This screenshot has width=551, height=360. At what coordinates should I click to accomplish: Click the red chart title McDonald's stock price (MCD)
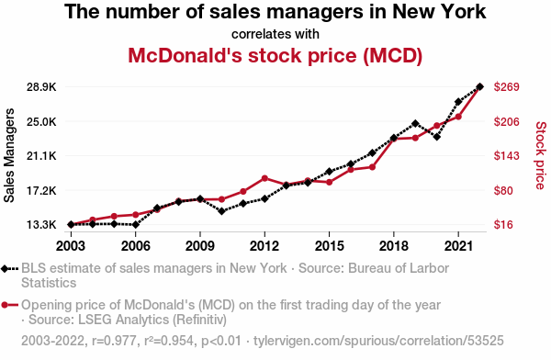coord(275,55)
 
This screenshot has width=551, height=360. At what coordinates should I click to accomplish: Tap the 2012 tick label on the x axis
coord(264,246)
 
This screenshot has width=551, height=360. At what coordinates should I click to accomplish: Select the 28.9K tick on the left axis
coord(41,87)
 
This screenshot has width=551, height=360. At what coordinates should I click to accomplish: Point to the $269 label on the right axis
coord(506,86)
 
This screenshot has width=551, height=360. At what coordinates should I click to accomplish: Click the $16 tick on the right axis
coord(503,224)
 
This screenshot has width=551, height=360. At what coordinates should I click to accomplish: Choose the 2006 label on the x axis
coord(135,246)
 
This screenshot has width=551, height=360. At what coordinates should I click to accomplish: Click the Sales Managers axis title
coord(9,155)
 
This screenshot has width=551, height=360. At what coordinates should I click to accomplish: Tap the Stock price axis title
coord(541,155)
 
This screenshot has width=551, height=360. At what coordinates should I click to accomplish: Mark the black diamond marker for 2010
coord(221,211)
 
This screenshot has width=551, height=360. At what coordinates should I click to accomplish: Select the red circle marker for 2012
coord(264,178)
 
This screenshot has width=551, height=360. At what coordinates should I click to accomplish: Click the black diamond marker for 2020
coord(437,137)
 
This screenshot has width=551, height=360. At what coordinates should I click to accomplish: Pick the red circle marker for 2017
coord(372,167)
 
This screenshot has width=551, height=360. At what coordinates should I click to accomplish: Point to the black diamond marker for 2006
coord(135,224)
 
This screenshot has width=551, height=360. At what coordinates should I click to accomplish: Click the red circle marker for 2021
coord(458,117)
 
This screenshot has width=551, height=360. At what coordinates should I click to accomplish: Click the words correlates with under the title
coord(275,34)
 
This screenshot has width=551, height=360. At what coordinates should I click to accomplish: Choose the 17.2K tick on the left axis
coord(41,190)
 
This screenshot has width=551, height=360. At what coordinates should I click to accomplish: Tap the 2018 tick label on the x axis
coord(394,246)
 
